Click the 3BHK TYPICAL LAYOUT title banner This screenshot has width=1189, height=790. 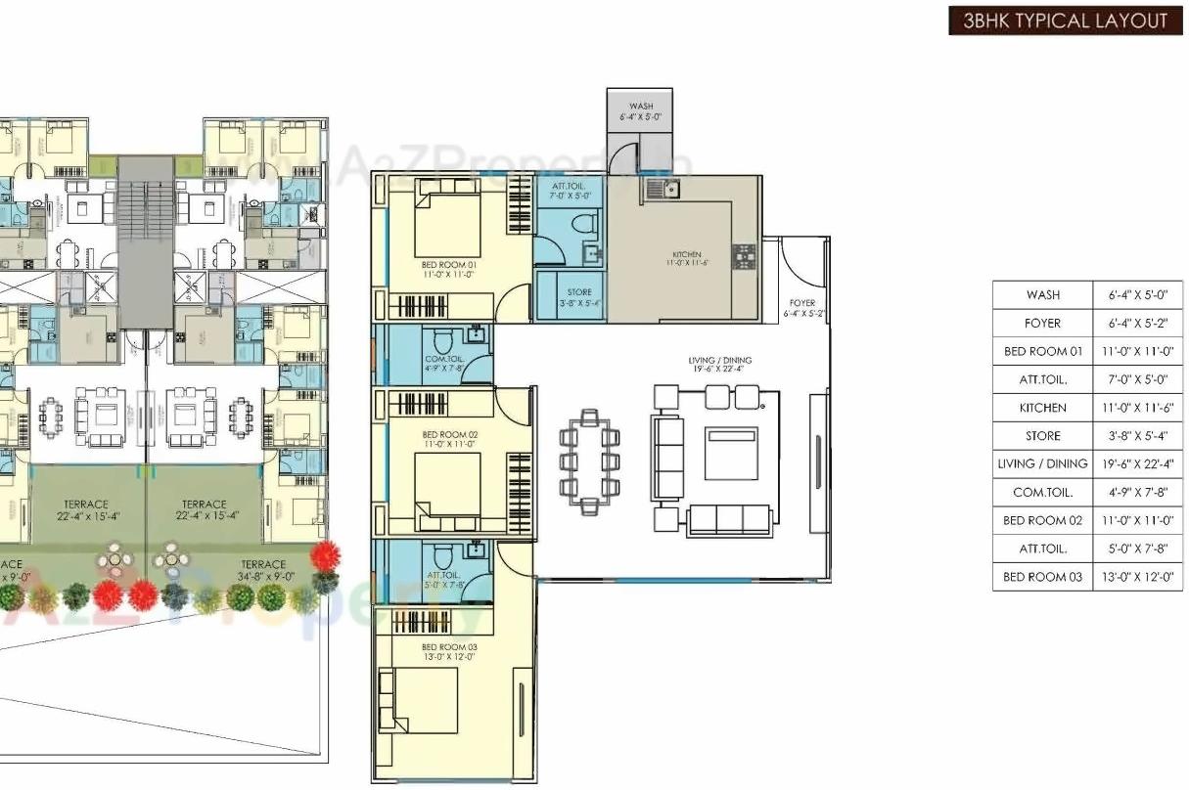pos(1065,21)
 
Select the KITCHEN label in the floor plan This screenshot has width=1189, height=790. pos(687,258)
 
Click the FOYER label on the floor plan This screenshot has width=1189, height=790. pos(802,308)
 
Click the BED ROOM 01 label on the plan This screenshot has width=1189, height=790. pos(448,269)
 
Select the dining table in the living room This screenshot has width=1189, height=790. pos(588,461)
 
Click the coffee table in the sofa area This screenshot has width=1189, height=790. pos(731,453)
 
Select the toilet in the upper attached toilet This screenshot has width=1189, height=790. pos(586,224)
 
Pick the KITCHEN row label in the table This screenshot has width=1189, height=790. pos(1042,408)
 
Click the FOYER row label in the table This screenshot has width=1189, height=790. pos(1042,323)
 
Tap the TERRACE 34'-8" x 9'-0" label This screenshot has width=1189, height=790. pos(263,570)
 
